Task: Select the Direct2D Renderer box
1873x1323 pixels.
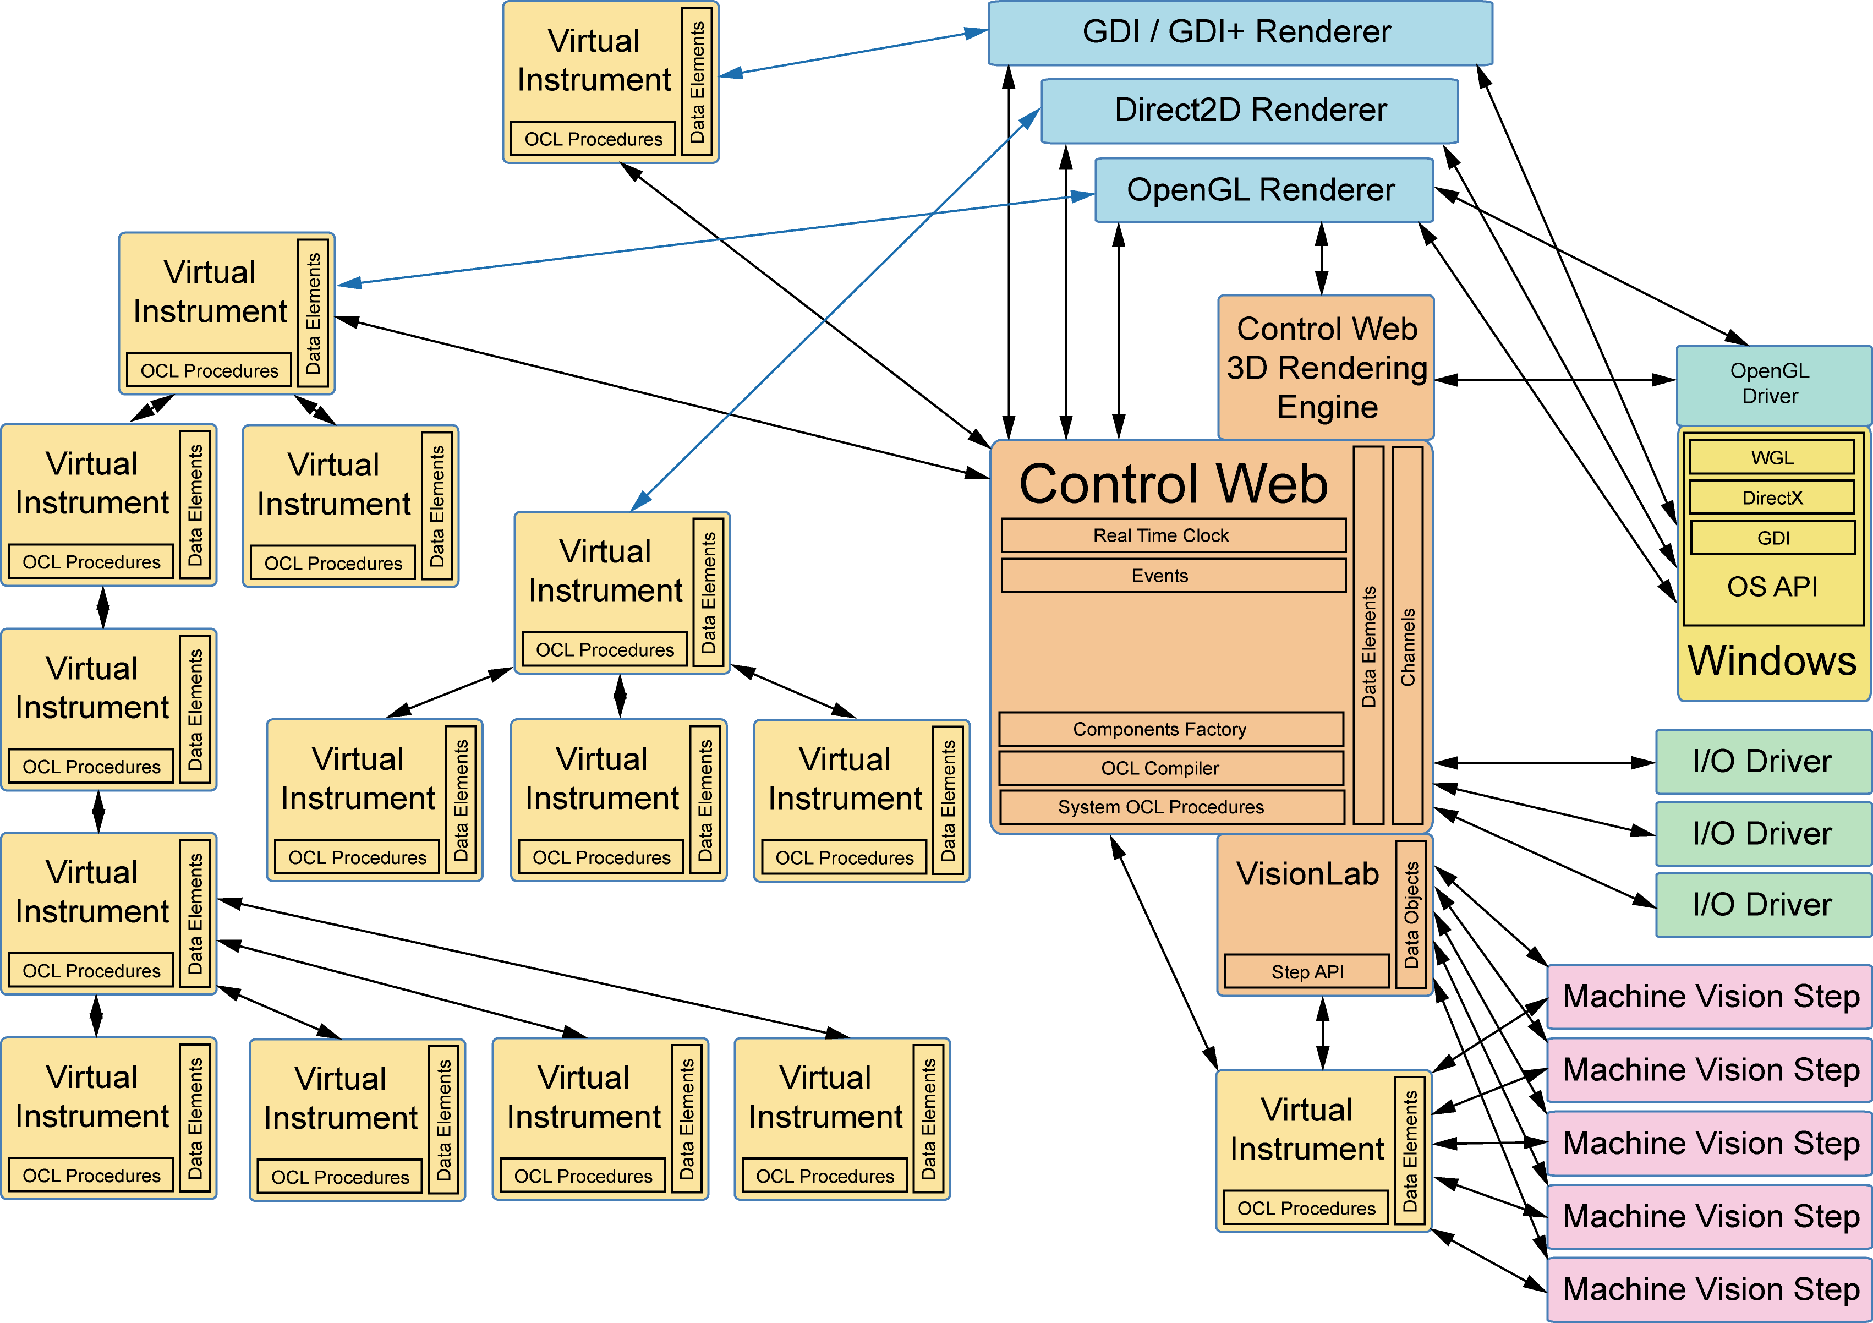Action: click(x=1250, y=110)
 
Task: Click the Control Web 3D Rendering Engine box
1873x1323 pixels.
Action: click(x=1326, y=367)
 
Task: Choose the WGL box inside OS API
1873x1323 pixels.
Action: click(x=1772, y=457)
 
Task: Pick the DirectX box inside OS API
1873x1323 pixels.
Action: click(x=1772, y=497)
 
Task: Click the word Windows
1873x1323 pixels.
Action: click(x=1772, y=661)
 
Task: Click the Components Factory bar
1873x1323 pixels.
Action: click(x=1171, y=729)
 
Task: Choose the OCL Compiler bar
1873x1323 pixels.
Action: click(x=1171, y=768)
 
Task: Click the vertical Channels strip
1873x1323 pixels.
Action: click(x=1407, y=635)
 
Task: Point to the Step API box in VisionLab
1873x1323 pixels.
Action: click(x=1307, y=971)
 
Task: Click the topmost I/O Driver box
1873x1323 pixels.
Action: click(x=1762, y=762)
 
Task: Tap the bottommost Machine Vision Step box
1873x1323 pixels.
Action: click(x=1710, y=1289)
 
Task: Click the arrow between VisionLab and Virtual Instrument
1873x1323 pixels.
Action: click(x=1322, y=1034)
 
